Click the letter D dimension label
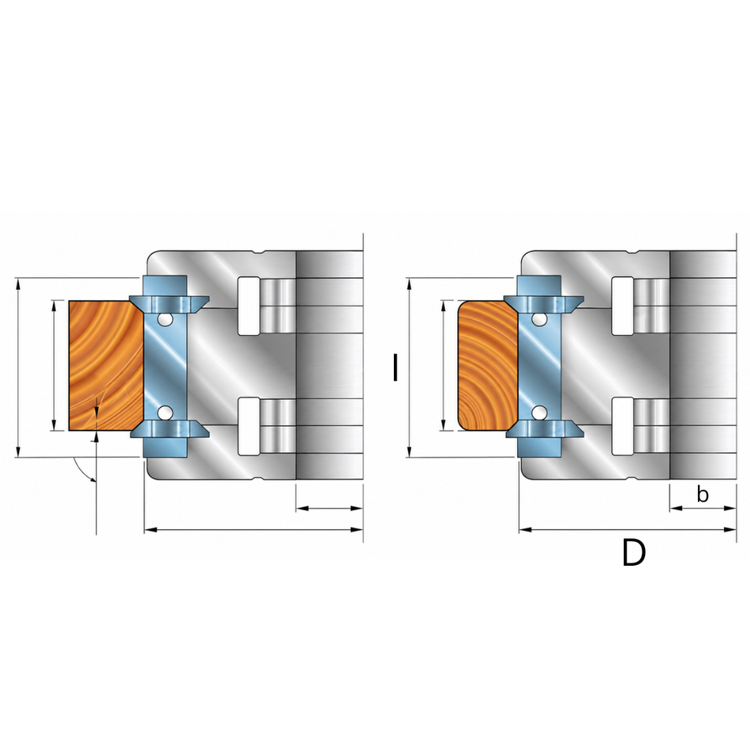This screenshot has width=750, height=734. coord(634,552)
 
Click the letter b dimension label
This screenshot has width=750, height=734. coord(702,494)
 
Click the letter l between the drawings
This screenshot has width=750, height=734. coord(395,367)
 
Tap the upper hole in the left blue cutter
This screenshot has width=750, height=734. coord(165,319)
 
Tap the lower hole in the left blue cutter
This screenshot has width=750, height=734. coord(165,412)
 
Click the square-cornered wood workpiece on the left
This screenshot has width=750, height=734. coord(106,366)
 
